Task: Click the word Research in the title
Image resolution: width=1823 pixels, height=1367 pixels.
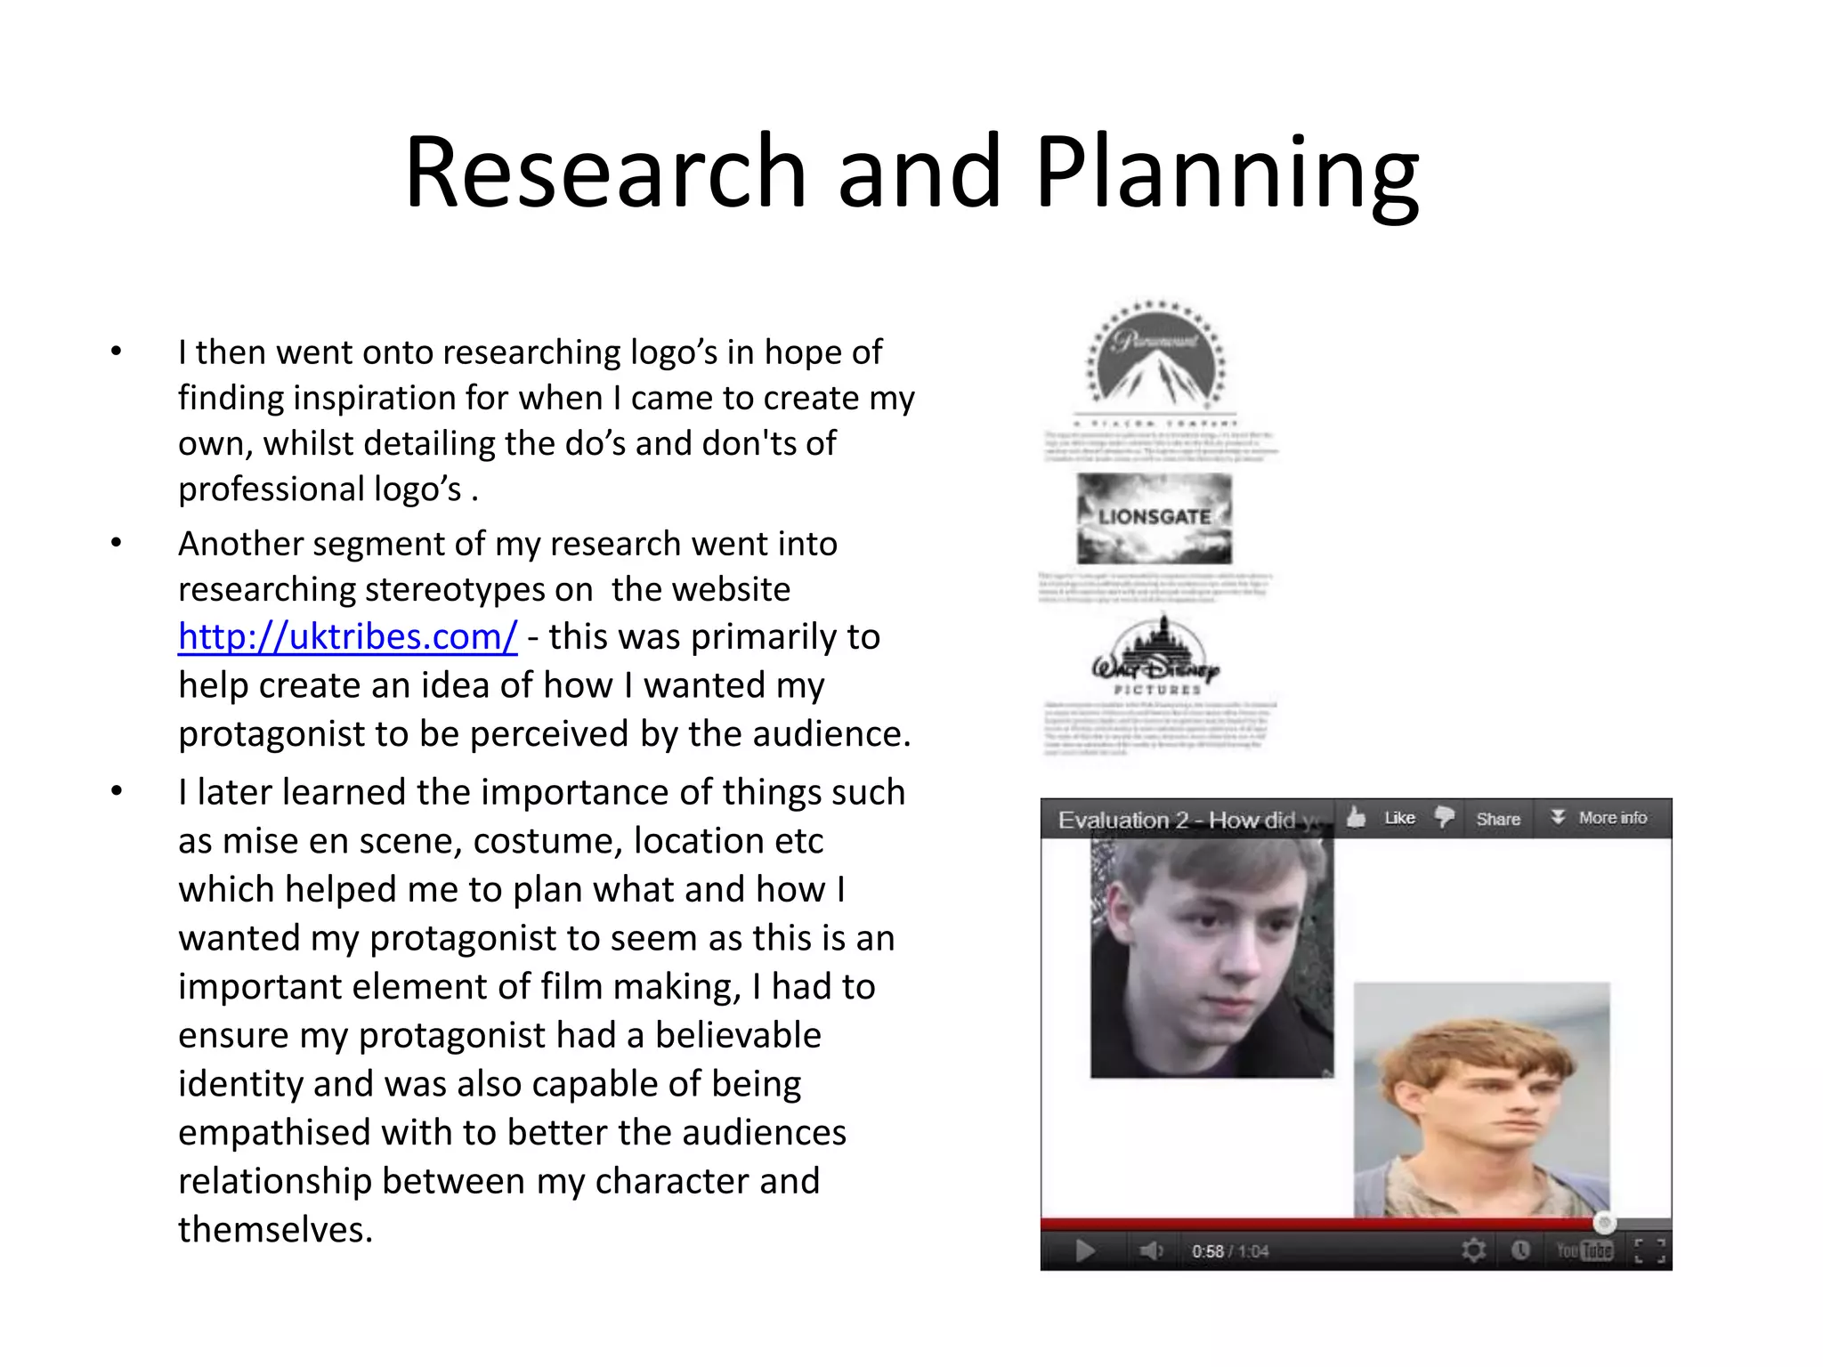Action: pos(605,171)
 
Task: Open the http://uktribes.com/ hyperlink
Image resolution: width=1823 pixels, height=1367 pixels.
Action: pos(347,637)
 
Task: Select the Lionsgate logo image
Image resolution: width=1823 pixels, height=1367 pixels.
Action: pos(1155,518)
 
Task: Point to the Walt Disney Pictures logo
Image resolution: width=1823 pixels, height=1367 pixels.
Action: pos(1155,659)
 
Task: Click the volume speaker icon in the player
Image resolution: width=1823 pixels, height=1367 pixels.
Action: pos(1150,1251)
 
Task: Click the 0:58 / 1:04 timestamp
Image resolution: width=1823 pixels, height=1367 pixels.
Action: pos(1230,1251)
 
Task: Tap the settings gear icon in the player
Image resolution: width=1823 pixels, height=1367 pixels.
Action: pos(1473,1250)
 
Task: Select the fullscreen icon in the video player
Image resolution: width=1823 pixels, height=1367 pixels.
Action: pos(1649,1250)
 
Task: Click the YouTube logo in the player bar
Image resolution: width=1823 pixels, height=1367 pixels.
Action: pos(1584,1250)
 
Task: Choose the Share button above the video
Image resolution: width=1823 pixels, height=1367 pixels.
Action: pos(1497,819)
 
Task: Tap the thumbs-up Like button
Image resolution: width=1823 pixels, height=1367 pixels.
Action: pos(1381,818)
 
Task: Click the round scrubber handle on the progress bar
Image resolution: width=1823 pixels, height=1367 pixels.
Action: pos(1604,1223)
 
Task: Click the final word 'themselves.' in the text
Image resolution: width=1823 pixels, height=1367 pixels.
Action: pos(275,1230)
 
